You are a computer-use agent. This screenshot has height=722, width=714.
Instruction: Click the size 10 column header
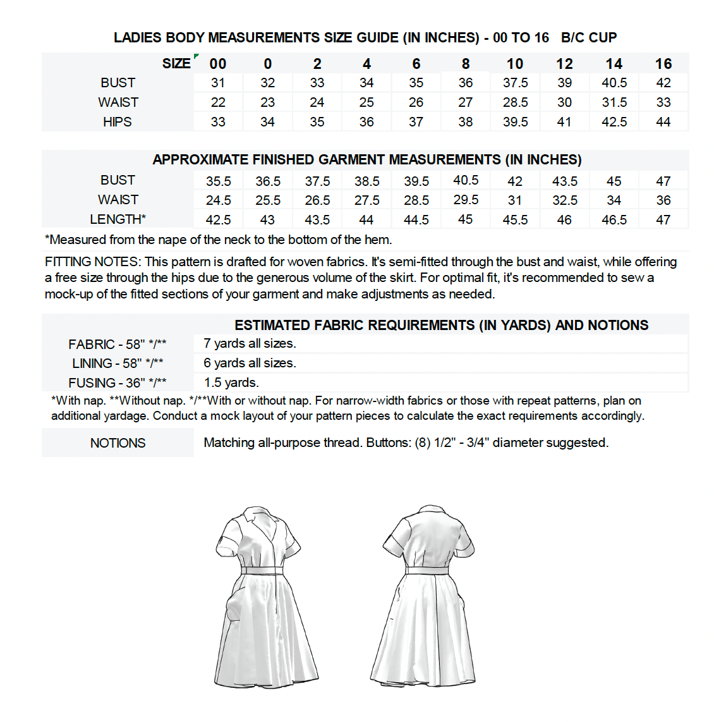[515, 64]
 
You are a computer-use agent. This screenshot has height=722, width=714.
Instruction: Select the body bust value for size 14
[614, 83]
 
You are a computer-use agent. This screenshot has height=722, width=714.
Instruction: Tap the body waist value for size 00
[218, 102]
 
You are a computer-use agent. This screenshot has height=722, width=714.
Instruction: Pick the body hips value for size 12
[564, 122]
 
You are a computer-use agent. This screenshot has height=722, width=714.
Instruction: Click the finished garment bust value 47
[663, 181]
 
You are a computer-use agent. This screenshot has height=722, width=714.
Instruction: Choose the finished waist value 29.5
[466, 200]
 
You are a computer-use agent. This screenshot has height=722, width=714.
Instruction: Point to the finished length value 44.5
[416, 220]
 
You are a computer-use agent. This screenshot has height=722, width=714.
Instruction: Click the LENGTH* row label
[118, 219]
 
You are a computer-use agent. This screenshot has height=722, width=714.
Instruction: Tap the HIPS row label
[118, 122]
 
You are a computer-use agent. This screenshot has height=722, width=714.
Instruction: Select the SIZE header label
[176, 63]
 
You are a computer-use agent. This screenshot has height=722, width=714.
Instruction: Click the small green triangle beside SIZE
[197, 57]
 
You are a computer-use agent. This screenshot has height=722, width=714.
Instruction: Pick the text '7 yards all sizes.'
[250, 344]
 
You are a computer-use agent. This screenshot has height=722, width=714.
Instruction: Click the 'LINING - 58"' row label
[118, 364]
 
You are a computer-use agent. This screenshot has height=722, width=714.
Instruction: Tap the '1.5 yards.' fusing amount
[231, 382]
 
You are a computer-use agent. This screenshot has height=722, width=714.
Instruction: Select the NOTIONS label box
[118, 443]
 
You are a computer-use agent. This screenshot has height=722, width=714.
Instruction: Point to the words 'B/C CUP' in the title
[589, 38]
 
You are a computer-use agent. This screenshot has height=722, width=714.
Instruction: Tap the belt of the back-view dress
[427, 570]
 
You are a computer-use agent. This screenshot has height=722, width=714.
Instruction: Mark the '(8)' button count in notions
[423, 443]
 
